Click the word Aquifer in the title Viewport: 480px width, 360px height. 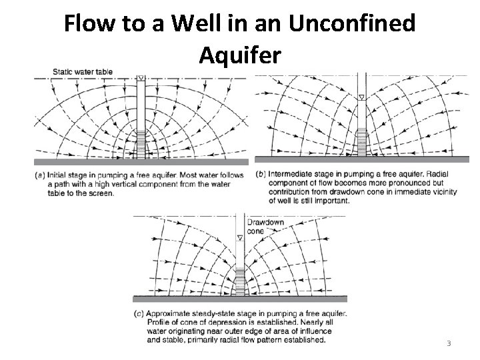(239, 56)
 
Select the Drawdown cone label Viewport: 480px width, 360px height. (265, 226)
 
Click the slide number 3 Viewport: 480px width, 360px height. (449, 343)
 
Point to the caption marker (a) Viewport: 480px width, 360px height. (40, 175)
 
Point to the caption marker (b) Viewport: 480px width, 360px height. (261, 175)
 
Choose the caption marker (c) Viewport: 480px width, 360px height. (139, 313)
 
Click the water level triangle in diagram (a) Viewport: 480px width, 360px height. (141, 78)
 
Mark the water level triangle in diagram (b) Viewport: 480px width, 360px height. (361, 97)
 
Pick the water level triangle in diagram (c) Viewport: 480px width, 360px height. (239, 237)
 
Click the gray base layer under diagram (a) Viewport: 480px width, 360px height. (141, 162)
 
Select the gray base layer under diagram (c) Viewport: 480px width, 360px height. (239, 299)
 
